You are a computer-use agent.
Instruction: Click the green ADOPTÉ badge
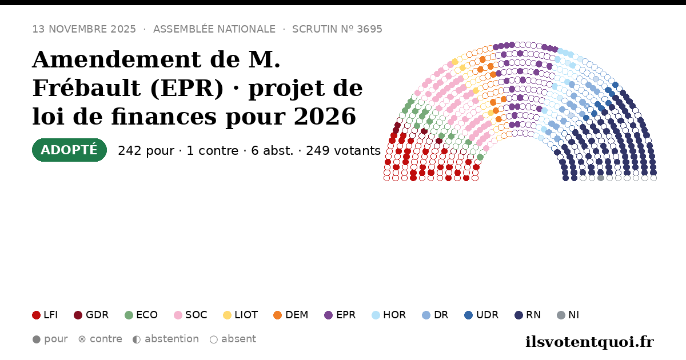69,150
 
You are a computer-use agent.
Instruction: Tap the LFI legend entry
45,315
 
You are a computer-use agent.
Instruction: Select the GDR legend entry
91,315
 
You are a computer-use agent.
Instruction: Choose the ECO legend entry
141,315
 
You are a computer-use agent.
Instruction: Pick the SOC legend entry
190,315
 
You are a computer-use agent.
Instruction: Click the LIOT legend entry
241,315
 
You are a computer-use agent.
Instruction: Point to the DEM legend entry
290,315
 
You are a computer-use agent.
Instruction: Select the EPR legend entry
340,315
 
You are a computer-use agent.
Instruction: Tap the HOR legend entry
389,315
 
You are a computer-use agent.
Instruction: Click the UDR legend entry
481,315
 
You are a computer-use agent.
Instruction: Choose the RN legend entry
528,315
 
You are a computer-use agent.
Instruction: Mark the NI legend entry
568,315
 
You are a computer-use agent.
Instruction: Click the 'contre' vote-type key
100,339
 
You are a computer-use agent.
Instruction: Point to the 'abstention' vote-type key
166,339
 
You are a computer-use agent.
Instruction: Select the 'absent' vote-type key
233,339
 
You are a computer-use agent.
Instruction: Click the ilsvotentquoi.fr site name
589,342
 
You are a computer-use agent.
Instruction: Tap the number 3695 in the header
370,29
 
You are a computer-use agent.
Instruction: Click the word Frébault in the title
88,88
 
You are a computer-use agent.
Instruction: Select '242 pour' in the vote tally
146,151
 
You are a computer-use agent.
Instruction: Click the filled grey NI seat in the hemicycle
601,178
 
